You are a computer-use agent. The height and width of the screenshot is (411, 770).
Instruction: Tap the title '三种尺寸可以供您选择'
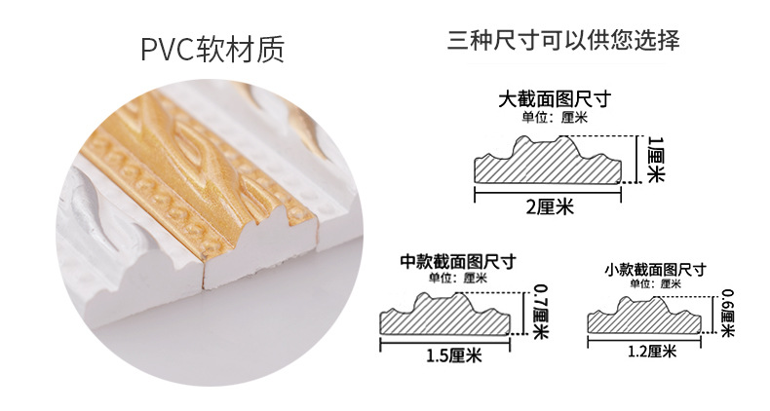click(x=562, y=42)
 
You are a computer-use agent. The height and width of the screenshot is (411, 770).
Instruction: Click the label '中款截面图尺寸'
click(x=458, y=261)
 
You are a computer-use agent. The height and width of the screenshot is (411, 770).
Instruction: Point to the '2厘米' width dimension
click(x=550, y=206)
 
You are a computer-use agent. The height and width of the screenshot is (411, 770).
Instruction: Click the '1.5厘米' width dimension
click(x=453, y=355)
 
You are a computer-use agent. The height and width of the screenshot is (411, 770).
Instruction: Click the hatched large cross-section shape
click(x=547, y=166)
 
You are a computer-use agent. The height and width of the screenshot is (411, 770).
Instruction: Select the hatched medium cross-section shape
click(x=451, y=314)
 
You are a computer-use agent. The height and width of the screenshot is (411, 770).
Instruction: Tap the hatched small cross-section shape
click(x=646, y=316)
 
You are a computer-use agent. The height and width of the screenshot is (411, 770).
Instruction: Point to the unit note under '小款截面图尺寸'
click(x=655, y=284)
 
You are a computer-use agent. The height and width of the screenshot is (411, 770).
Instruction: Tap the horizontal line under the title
click(x=562, y=64)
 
